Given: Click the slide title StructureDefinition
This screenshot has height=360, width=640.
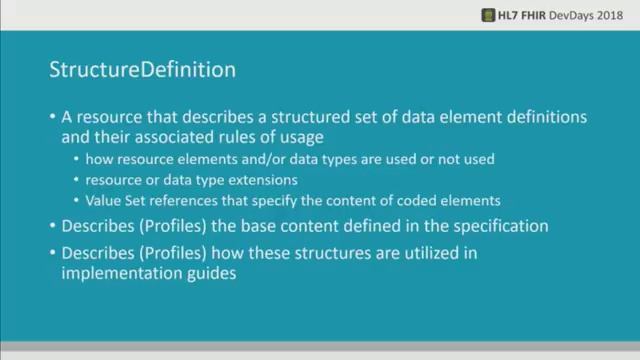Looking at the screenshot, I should point(142,72).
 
